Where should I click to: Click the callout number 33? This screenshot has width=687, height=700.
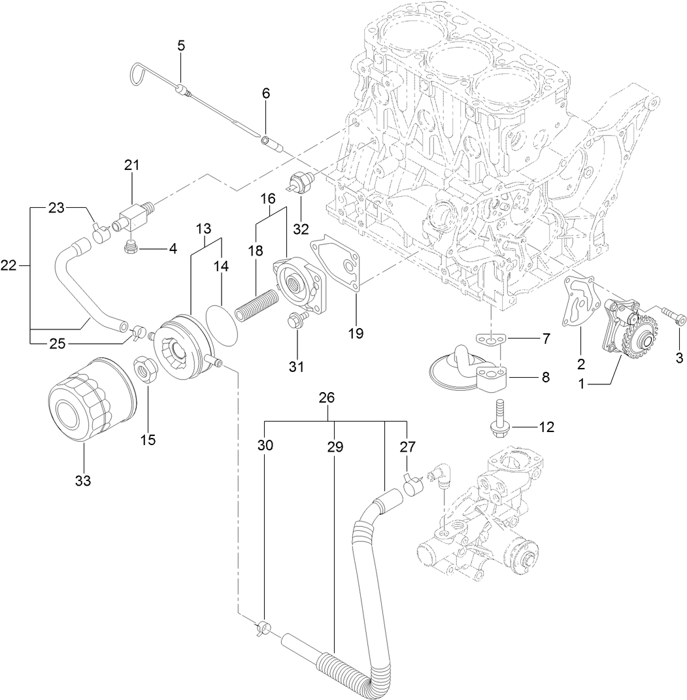tap(82, 480)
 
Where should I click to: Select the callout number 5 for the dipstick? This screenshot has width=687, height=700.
tap(181, 45)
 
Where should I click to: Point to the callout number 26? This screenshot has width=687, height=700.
tap(326, 398)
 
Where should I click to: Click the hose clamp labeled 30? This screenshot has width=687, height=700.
tap(263, 629)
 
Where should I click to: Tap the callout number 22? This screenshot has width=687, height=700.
tap(9, 265)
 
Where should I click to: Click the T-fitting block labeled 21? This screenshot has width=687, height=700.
tap(133, 212)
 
